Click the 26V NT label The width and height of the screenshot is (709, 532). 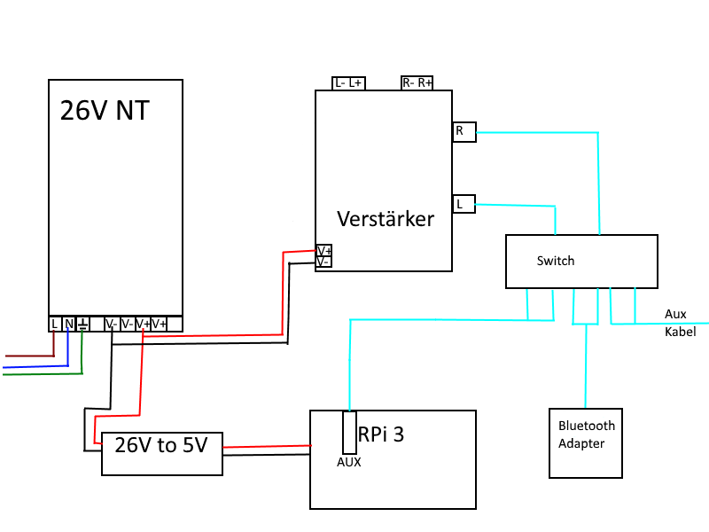(105, 110)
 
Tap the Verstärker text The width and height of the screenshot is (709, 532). (386, 219)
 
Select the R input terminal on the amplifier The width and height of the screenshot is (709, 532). (464, 131)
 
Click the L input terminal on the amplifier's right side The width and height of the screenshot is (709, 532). (464, 204)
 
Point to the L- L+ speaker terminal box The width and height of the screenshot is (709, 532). (348, 83)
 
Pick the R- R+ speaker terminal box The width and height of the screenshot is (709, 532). (417, 82)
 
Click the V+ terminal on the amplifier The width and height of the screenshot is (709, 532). (323, 251)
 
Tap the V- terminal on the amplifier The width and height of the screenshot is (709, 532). (323, 262)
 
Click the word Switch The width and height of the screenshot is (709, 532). (556, 261)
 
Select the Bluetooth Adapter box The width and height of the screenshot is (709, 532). (586, 442)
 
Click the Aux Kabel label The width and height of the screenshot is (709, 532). (680, 323)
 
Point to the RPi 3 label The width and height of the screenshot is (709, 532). (381, 434)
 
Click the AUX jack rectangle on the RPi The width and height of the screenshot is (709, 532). (349, 433)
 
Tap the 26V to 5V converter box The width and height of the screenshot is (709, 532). (162, 454)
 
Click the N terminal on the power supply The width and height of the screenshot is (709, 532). (68, 324)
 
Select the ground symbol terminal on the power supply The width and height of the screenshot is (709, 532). (82, 324)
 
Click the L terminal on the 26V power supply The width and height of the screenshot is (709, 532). (54, 324)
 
